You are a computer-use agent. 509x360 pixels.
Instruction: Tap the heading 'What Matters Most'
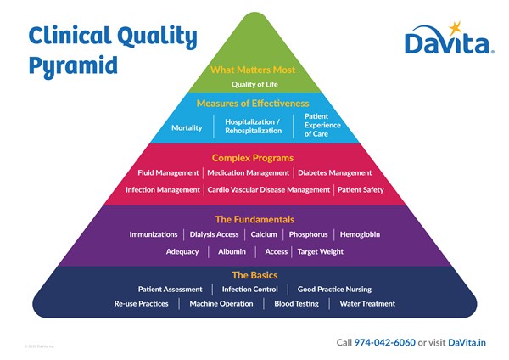pyautogui.click(x=254, y=70)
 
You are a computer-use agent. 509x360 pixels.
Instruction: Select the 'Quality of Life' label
pyautogui.click(x=254, y=84)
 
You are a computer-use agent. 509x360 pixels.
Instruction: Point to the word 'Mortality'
pyautogui.click(x=187, y=127)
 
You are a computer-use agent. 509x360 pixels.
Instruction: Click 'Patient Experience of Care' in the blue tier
pyautogui.click(x=322, y=124)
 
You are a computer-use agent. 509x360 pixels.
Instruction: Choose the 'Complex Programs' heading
pyautogui.click(x=254, y=158)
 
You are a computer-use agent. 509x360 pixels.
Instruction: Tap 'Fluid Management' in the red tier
pyautogui.click(x=168, y=172)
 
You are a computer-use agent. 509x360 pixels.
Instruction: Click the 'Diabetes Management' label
pyautogui.click(x=334, y=172)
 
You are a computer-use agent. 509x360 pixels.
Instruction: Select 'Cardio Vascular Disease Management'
pyautogui.click(x=269, y=189)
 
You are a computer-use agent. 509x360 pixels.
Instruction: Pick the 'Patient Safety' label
pyautogui.click(x=361, y=189)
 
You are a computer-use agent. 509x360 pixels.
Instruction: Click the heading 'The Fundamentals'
pyautogui.click(x=254, y=219)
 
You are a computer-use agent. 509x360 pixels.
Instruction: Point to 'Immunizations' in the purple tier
pyautogui.click(x=154, y=234)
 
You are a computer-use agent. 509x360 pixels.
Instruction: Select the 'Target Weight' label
pyautogui.click(x=320, y=251)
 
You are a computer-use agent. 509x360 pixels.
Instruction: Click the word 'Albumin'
pyautogui.click(x=232, y=251)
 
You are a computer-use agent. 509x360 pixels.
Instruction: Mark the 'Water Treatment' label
pyautogui.click(x=367, y=303)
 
